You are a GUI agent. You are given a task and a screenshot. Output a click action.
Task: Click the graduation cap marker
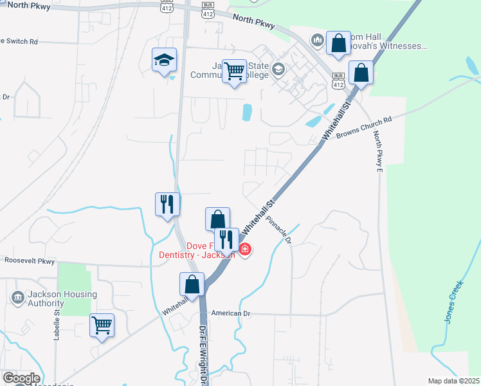[x=164, y=60]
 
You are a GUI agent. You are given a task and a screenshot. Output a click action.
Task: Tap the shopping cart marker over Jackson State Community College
[x=235, y=70]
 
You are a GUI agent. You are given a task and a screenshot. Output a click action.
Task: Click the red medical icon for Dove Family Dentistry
[x=244, y=249]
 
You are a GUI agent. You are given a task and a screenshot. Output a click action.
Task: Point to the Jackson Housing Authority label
[x=62, y=299]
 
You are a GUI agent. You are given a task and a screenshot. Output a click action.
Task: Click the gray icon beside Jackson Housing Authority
[x=18, y=297]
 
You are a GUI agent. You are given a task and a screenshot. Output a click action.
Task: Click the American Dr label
[x=233, y=313]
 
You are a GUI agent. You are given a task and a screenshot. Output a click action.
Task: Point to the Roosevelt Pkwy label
[x=30, y=261]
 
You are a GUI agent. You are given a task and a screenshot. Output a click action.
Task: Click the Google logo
[x=21, y=378]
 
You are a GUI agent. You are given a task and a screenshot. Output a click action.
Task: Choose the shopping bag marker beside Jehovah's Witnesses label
[x=338, y=44]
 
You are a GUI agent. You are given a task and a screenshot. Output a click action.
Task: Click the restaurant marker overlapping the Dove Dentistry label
[x=226, y=239]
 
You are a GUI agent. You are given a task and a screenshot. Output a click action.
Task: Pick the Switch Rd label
[x=21, y=41]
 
